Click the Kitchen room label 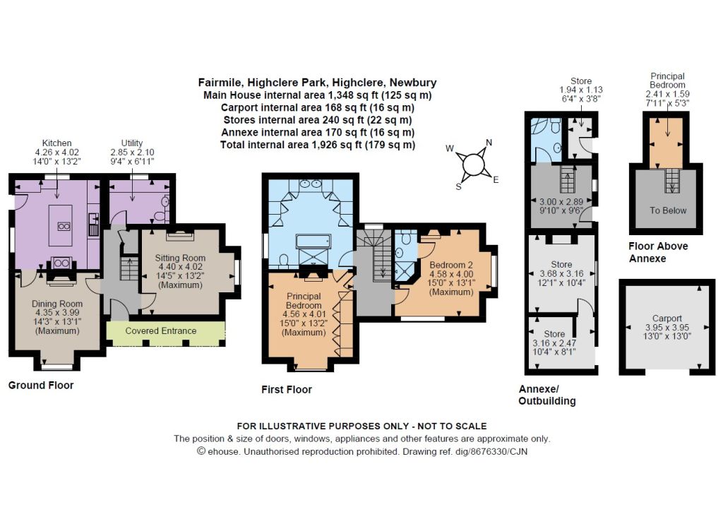click(56, 143)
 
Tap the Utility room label click(132, 143)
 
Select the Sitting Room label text click(180, 258)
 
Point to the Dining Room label click(57, 304)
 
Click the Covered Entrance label click(161, 330)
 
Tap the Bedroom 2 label click(451, 265)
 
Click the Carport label click(667, 318)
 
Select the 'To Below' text click(668, 210)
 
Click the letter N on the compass click(489, 143)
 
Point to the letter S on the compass click(458, 186)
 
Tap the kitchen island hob click(64, 226)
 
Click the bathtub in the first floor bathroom click(313, 241)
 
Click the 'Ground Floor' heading click(41, 386)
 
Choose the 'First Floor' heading click(287, 390)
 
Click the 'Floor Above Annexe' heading click(658, 252)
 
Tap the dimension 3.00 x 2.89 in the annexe click(561, 202)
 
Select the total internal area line click(318, 145)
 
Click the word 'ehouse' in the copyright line click(223, 451)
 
